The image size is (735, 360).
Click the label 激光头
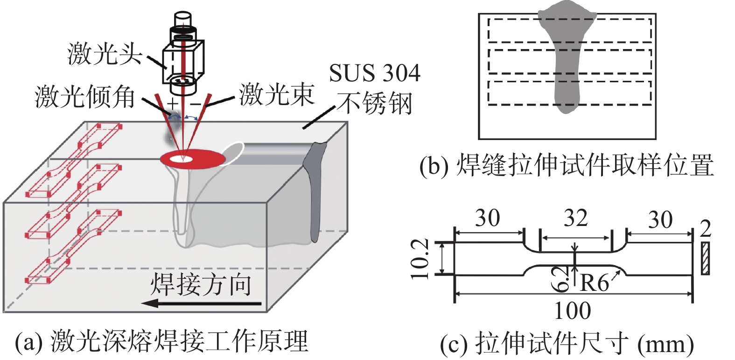pyautogui.click(x=105, y=54)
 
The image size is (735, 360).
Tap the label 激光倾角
pyautogui.click(x=85, y=97)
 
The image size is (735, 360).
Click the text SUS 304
pyautogui.click(x=374, y=73)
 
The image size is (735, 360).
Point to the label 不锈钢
pyautogui.click(x=375, y=103)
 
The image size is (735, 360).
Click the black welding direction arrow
pyautogui.click(x=201, y=304)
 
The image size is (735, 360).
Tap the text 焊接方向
pyautogui.click(x=201, y=284)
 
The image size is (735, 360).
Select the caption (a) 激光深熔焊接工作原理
pyautogui.click(x=161, y=342)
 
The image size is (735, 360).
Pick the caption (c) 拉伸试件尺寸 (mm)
pyautogui.click(x=567, y=344)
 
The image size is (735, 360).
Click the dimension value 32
pyautogui.click(x=575, y=219)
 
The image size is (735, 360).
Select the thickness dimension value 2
pyautogui.click(x=706, y=228)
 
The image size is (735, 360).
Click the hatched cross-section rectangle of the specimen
pyautogui.click(x=705, y=258)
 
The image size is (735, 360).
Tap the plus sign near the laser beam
pyautogui.click(x=173, y=103)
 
